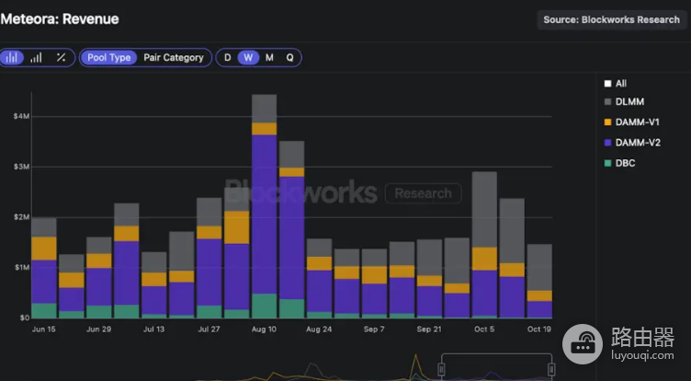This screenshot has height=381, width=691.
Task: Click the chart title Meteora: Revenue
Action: click(x=60, y=19)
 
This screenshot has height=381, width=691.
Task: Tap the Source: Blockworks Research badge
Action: click(x=611, y=20)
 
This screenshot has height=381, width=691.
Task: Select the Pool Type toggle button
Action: click(x=108, y=58)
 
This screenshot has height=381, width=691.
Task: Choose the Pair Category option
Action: click(x=174, y=58)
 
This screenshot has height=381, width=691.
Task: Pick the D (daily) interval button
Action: click(x=227, y=58)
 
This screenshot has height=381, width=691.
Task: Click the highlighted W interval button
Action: click(x=248, y=58)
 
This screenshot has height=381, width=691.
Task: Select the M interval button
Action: click(x=269, y=58)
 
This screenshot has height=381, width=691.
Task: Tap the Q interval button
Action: click(x=289, y=58)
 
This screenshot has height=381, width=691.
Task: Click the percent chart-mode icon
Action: click(x=61, y=57)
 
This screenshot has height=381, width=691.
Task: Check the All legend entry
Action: click(x=616, y=84)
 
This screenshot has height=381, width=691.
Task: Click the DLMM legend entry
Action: click(x=624, y=102)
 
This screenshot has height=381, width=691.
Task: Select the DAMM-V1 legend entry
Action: click(x=632, y=122)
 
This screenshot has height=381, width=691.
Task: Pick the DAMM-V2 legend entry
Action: click(x=632, y=143)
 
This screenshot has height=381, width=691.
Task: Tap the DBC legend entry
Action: click(x=619, y=163)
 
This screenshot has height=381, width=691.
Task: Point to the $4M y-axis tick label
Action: click(x=21, y=117)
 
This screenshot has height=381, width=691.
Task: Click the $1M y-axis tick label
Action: click(x=21, y=268)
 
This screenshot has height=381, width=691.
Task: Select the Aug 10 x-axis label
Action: click(x=264, y=329)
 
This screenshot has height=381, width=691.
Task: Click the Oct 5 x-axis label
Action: click(x=484, y=329)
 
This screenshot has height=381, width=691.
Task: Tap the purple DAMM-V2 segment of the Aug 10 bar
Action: click(x=265, y=214)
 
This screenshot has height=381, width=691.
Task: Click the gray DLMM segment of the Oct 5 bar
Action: click(x=484, y=209)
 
